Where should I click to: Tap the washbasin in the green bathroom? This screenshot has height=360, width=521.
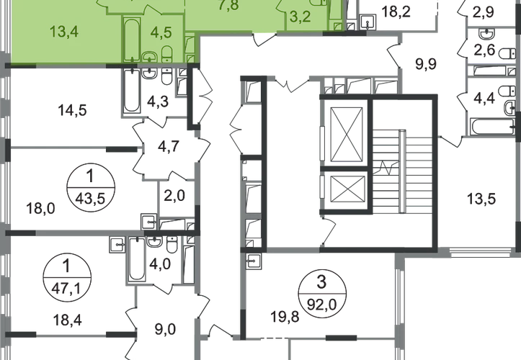coord(150,57)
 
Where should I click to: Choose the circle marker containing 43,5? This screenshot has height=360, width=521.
coord(91,186)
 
